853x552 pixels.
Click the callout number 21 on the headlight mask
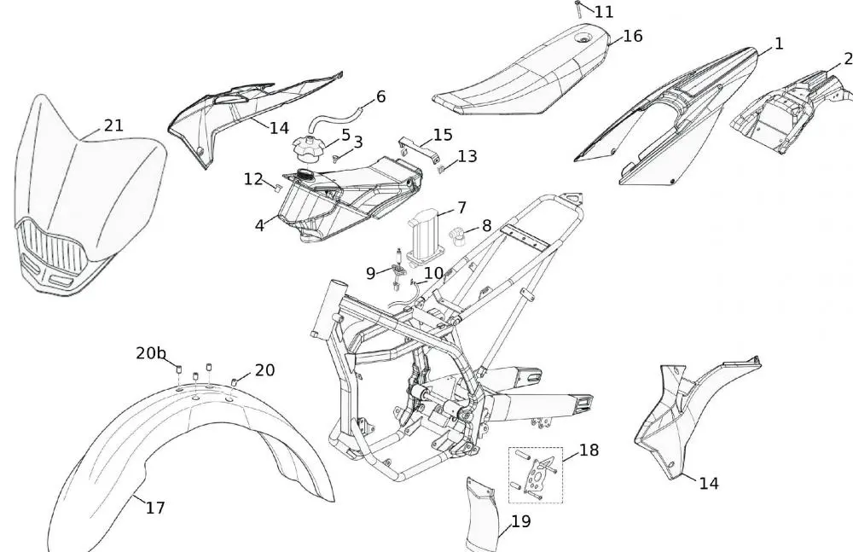pos(113,125)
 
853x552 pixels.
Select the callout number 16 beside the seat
pos(632,36)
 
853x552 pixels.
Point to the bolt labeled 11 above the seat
pos(579,9)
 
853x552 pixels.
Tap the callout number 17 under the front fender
pos(154,508)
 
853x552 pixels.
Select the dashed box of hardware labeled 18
pos(535,474)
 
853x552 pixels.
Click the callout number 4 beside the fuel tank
pos(259,226)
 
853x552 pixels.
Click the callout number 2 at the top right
pos(847,59)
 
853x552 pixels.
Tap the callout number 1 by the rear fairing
pos(778,43)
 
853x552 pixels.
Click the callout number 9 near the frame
pos(370,273)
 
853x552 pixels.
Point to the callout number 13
pos(467,156)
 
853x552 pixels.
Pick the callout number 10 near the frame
pos(433,273)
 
